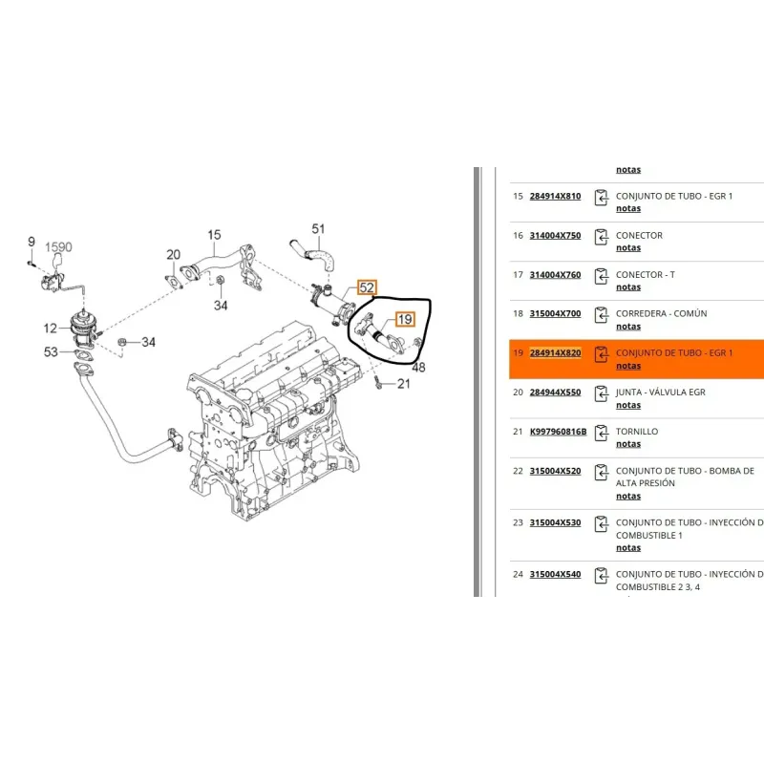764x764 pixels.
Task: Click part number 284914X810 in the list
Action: click(x=555, y=197)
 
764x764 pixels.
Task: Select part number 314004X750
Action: click(x=555, y=236)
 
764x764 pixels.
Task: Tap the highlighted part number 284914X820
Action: click(x=555, y=352)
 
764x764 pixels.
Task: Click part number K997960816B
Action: click(x=558, y=432)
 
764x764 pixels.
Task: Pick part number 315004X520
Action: click(x=555, y=471)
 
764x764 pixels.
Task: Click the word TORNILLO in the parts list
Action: click(x=637, y=432)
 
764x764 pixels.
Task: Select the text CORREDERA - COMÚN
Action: click(x=661, y=314)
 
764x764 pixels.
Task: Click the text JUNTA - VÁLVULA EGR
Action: click(x=660, y=393)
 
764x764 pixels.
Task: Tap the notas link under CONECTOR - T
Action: click(x=628, y=287)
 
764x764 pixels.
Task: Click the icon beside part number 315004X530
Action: click(x=602, y=524)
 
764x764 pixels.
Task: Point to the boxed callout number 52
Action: click(x=367, y=288)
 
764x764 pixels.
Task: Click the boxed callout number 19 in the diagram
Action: click(x=405, y=320)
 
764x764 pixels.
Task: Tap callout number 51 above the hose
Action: click(x=318, y=229)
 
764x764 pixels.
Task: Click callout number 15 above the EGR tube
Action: click(x=214, y=235)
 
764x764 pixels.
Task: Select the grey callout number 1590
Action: click(x=58, y=247)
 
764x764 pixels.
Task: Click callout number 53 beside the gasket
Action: click(x=51, y=351)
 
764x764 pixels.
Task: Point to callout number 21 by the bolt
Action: click(x=403, y=384)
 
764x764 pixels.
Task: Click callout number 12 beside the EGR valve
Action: click(x=51, y=329)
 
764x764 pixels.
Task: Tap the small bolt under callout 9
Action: click(x=32, y=263)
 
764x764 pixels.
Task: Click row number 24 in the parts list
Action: click(x=518, y=575)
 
